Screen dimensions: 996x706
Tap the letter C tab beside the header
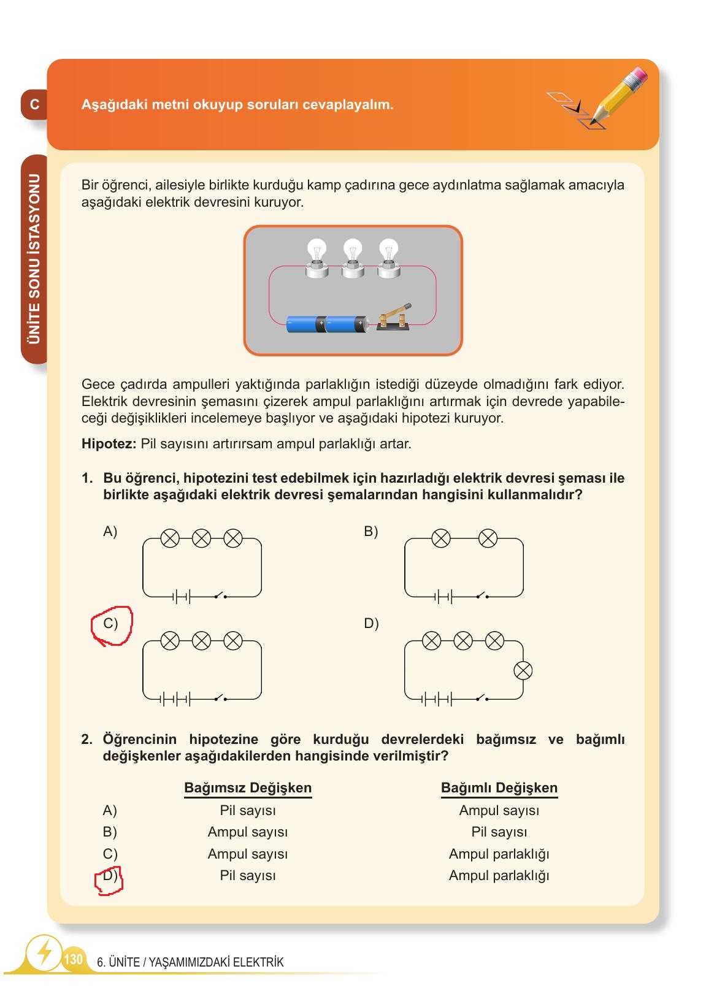tap(34, 104)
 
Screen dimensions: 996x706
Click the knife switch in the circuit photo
tap(394, 317)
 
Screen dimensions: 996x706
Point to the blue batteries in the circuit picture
tap(327, 323)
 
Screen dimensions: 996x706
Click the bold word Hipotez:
tap(109, 443)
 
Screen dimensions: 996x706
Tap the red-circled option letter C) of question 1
tap(110, 624)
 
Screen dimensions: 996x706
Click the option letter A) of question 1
tap(110, 532)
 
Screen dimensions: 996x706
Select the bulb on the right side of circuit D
tap(523, 671)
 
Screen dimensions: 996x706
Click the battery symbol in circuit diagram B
tap(443, 596)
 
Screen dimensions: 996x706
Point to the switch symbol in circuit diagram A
tap(220, 595)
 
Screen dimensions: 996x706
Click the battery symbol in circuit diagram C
tap(175, 699)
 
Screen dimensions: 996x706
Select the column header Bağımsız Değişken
tap(248, 788)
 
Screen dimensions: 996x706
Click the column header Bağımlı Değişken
tap(499, 788)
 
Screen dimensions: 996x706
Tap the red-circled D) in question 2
tap(109, 876)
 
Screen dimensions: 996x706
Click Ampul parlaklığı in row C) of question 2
tap(499, 854)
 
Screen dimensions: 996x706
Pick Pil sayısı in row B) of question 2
tap(499, 832)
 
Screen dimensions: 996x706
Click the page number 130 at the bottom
tap(73, 959)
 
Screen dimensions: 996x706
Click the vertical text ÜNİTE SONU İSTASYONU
tap(34, 259)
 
